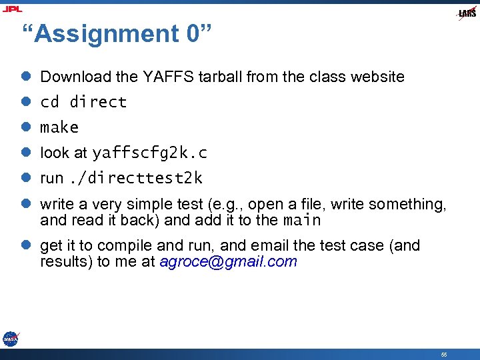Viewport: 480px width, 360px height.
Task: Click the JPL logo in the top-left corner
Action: click(13, 9)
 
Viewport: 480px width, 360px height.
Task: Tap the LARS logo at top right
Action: click(467, 13)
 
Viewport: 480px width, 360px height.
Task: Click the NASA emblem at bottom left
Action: click(10, 339)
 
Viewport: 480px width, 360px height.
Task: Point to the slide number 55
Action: click(443, 354)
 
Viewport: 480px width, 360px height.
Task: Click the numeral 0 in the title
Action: click(193, 34)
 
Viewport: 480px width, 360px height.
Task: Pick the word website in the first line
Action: click(376, 77)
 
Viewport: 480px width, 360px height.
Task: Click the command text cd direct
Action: click(83, 102)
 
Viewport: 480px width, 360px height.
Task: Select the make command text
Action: click(59, 127)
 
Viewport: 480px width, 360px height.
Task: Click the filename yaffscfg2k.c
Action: click(149, 153)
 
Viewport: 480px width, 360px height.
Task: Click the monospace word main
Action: click(302, 220)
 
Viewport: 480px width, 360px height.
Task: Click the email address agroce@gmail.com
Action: click(228, 261)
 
